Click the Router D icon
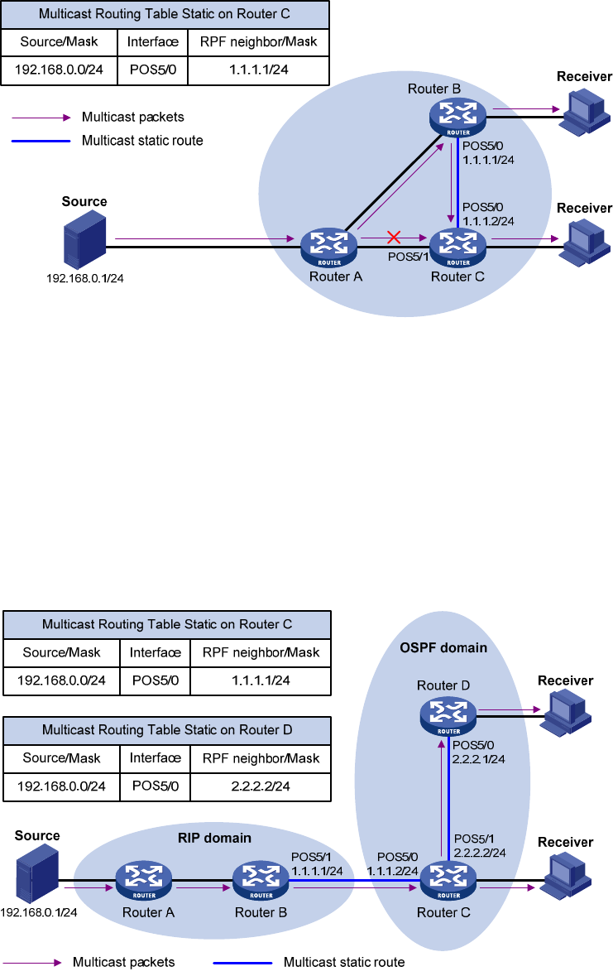pyautogui.click(x=448, y=714)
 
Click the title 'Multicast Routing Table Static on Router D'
pyautogui.click(x=167, y=729)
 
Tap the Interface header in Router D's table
pyautogui.click(x=155, y=757)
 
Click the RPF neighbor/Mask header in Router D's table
pyautogui.click(x=260, y=757)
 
